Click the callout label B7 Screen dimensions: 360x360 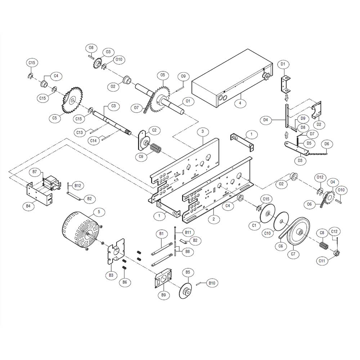click(35, 172)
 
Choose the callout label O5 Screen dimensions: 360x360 click(163, 75)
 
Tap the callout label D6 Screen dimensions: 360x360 click(327, 144)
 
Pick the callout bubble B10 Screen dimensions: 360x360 click(212, 283)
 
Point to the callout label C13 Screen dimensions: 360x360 click(80, 132)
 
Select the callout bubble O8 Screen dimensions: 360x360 click(91, 48)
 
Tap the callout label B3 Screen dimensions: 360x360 click(111, 275)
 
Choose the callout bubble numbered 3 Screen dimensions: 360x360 click(203, 132)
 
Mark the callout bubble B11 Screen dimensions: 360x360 click(188, 231)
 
